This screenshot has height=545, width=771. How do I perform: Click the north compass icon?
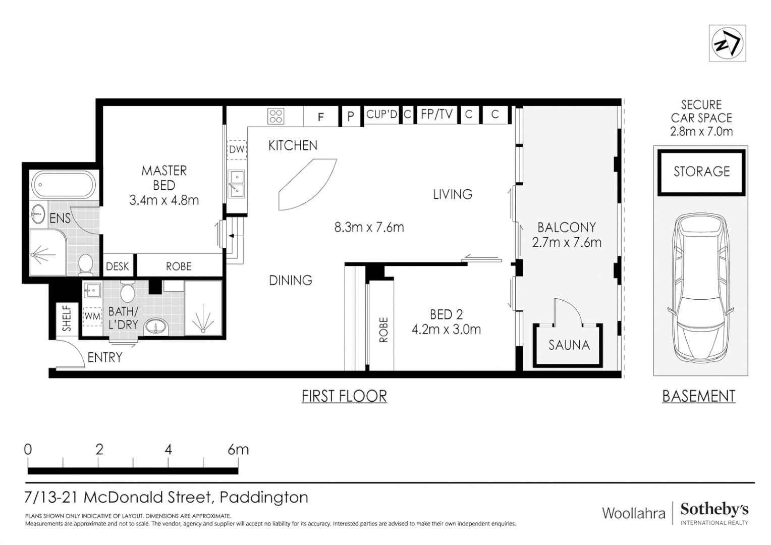point(727,43)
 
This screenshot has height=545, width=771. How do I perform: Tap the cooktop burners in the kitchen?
point(276,116)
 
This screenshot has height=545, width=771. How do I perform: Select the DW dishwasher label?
point(237,149)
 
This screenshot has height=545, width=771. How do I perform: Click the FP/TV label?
point(436,114)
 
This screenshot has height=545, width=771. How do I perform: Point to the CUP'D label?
point(381,114)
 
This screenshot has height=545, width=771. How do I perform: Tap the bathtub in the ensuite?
point(64,185)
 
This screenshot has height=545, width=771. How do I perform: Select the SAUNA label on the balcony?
point(569,345)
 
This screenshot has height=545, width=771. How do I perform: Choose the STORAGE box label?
point(701,172)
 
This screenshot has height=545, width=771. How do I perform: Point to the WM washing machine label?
point(92,316)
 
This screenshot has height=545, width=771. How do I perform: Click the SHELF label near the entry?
point(67,318)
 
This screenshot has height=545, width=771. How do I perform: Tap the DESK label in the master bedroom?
point(118,266)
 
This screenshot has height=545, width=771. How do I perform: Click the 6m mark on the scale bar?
point(238,450)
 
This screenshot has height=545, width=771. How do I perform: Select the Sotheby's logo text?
point(714,510)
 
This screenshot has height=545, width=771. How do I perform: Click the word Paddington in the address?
point(264,497)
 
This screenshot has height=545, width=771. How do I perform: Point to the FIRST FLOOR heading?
point(344,396)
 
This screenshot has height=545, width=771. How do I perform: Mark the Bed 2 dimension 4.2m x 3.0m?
point(446,330)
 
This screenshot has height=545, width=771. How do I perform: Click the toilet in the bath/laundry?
point(127,293)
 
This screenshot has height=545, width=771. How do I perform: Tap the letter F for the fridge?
point(321,117)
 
